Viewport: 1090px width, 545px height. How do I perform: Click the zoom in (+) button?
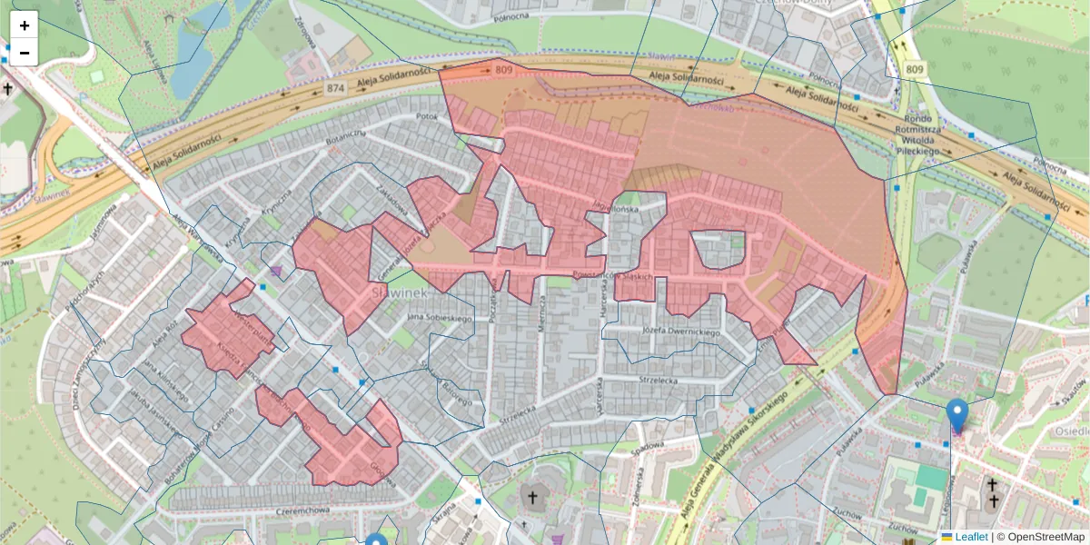[x=25, y=25]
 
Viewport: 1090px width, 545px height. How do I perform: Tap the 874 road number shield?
[x=336, y=88]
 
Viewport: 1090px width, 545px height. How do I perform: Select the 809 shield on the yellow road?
[x=915, y=70]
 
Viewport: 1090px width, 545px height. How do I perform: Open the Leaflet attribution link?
[x=970, y=537]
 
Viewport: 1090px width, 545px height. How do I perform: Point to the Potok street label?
[x=426, y=117]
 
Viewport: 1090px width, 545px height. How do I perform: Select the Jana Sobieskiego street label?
[x=441, y=318]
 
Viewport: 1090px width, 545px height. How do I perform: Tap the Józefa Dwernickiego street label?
[x=680, y=332]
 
